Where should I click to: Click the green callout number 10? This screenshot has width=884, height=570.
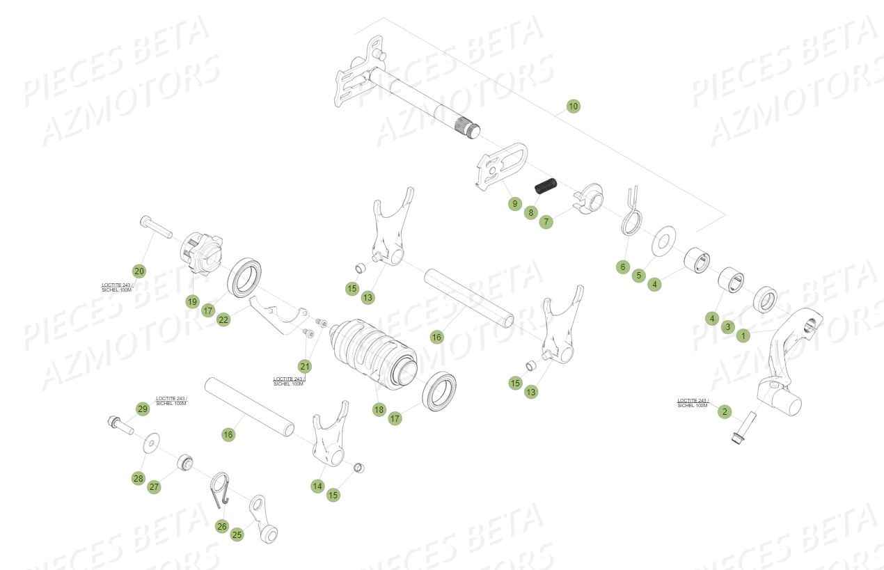point(573,106)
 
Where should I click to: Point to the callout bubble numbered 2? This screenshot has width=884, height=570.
point(725,412)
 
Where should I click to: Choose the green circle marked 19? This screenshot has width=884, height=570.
point(192,301)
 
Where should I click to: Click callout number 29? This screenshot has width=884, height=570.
point(143,409)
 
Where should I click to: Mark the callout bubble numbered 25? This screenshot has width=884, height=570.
point(237,535)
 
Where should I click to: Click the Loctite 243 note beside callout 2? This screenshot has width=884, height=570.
point(692,403)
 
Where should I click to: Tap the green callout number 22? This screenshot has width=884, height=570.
point(223,320)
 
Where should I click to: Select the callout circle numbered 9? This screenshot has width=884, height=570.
point(514,204)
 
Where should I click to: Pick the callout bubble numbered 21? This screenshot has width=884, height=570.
point(306,366)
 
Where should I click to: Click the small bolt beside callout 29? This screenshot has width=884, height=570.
point(120,423)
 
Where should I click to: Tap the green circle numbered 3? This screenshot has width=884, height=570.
point(727,326)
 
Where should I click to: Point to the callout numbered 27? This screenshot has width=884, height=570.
point(155,487)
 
